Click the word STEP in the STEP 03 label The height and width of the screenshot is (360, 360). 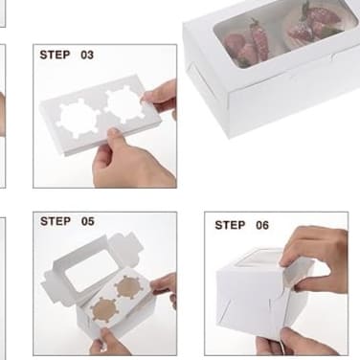[x=55, y=55]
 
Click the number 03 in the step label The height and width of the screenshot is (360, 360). [x=87, y=56]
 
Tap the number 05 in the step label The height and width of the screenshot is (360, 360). [x=88, y=221]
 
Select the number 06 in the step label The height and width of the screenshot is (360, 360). [x=262, y=225]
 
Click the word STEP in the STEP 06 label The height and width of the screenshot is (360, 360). [x=230, y=225]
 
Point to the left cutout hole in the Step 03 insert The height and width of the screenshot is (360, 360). [x=79, y=119]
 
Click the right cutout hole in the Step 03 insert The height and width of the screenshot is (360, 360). [x=124, y=105]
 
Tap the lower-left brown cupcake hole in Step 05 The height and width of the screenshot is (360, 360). [x=103, y=310]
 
